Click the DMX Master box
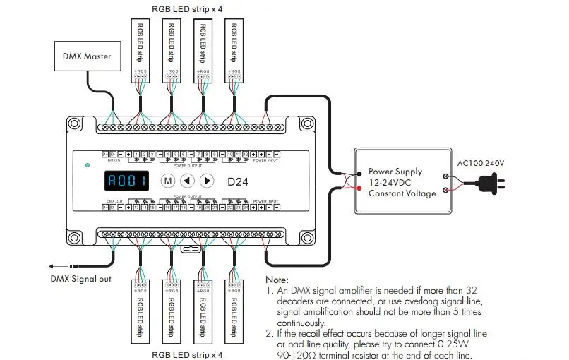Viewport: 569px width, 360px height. pyautogui.click(x=88, y=56)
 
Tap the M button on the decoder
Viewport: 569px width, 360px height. pyautogui.click(x=168, y=181)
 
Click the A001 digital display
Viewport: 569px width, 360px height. pyautogui.click(x=126, y=181)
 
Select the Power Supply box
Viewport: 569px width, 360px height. pyautogui.click(x=403, y=182)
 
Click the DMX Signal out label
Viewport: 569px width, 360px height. pyautogui.click(x=80, y=278)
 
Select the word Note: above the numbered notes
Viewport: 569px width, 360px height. pyautogui.click(x=277, y=281)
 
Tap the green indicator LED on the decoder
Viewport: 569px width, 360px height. pyautogui.click(x=87, y=165)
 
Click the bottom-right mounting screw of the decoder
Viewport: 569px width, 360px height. pyautogui.click(x=307, y=237)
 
